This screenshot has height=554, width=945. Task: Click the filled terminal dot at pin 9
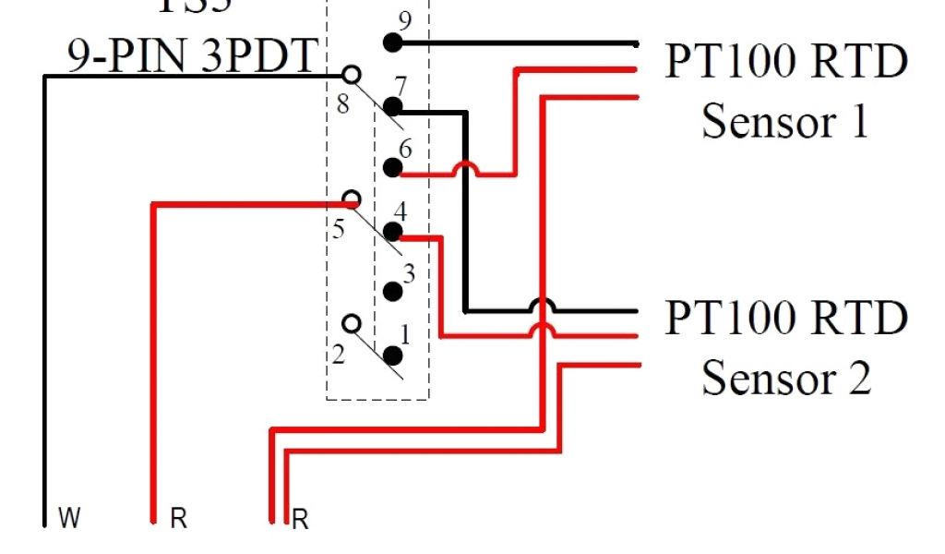392,42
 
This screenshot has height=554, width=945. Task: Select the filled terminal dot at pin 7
393,106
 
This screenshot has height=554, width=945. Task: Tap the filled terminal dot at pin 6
392,167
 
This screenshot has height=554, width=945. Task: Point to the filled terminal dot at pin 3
393,292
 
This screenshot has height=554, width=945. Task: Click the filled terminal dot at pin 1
393,355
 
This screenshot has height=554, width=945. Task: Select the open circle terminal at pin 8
351,75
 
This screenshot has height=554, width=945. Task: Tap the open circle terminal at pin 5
351,199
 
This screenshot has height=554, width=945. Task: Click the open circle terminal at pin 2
351,323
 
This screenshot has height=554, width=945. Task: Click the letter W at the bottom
69,519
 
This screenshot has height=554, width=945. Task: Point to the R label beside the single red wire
178,520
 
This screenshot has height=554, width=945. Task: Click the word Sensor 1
785,120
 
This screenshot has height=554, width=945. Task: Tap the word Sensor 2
785,376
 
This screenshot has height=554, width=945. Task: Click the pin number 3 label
409,274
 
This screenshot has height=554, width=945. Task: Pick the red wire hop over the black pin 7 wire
466,169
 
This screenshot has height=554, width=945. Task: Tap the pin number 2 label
339,354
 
